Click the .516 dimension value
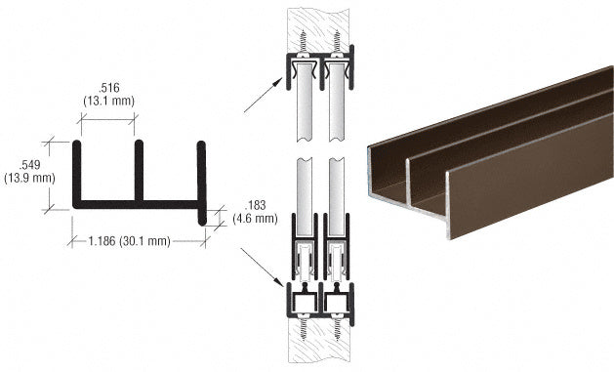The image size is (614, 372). (107, 87)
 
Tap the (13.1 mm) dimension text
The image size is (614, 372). (107, 100)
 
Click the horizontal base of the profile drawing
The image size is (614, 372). (139, 206)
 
